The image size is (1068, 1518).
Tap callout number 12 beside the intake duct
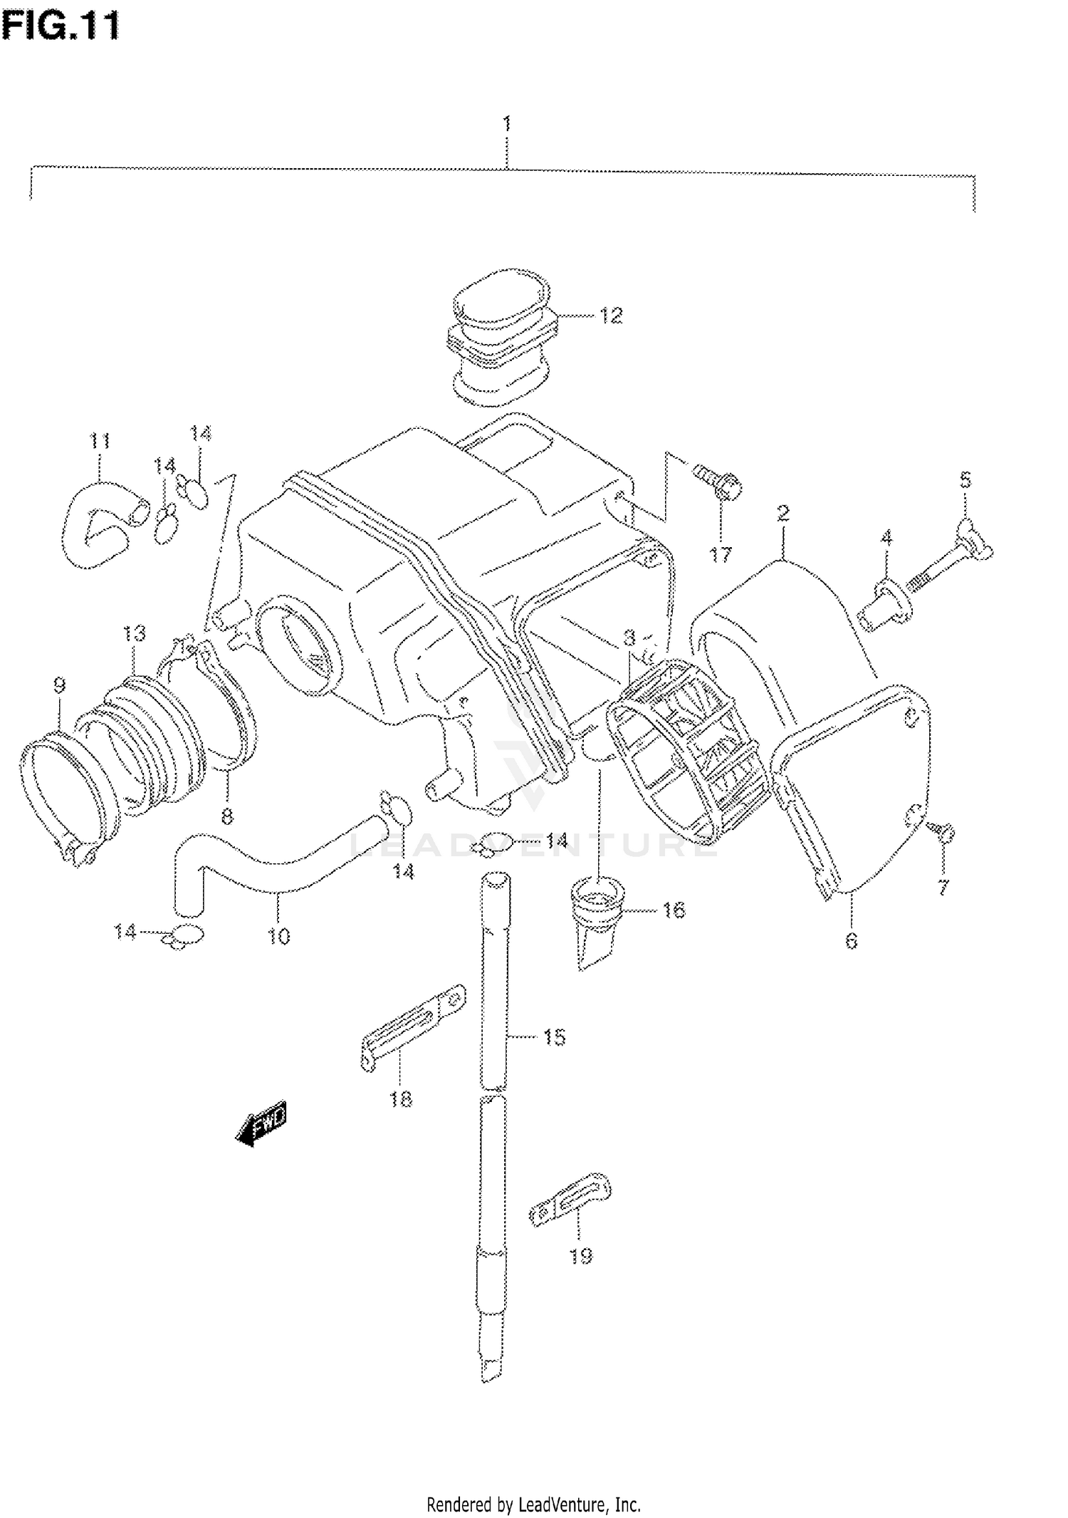(610, 315)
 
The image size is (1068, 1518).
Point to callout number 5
(965, 480)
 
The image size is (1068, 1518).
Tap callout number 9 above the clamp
(59, 686)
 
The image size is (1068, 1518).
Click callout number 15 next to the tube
(554, 1037)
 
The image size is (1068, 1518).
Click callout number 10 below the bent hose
(279, 936)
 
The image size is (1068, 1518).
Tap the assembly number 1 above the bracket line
(506, 123)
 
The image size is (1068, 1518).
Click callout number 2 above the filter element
(782, 512)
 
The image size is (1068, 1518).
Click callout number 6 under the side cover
(851, 941)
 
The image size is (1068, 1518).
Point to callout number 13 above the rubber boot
(134, 633)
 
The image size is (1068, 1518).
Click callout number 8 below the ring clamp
(226, 816)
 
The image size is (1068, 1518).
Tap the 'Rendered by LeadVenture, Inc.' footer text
(533, 1504)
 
